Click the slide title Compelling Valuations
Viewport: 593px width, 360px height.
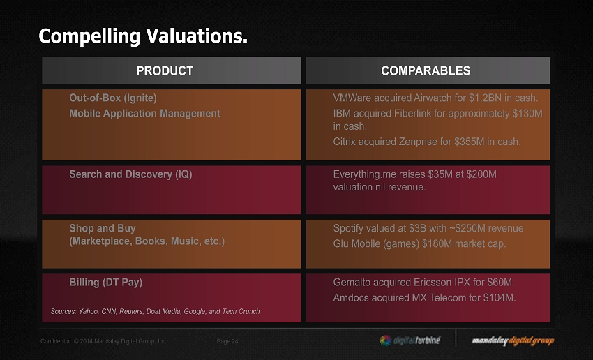tap(143, 36)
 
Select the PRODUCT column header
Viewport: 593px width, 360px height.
tap(165, 70)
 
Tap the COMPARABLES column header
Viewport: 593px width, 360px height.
tap(426, 70)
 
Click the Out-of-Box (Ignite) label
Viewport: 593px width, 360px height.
tap(112, 98)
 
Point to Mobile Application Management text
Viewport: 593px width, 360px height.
tap(144, 113)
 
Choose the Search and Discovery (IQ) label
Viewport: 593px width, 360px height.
tap(130, 174)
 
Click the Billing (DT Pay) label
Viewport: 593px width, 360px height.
tap(105, 283)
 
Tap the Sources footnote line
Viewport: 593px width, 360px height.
tap(155, 311)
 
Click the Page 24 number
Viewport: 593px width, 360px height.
tap(227, 341)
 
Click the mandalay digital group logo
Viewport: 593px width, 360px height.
tap(513, 340)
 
